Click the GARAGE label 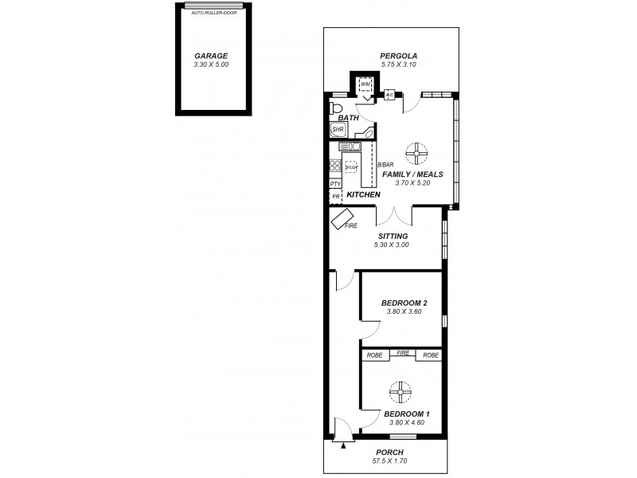pos(211,56)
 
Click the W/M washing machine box pos(365,84)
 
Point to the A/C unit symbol pos(389,96)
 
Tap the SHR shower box pos(337,129)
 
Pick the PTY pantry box pos(335,184)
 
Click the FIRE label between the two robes pos(403,353)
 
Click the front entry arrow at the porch pos(343,446)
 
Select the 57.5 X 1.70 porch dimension pos(389,460)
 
